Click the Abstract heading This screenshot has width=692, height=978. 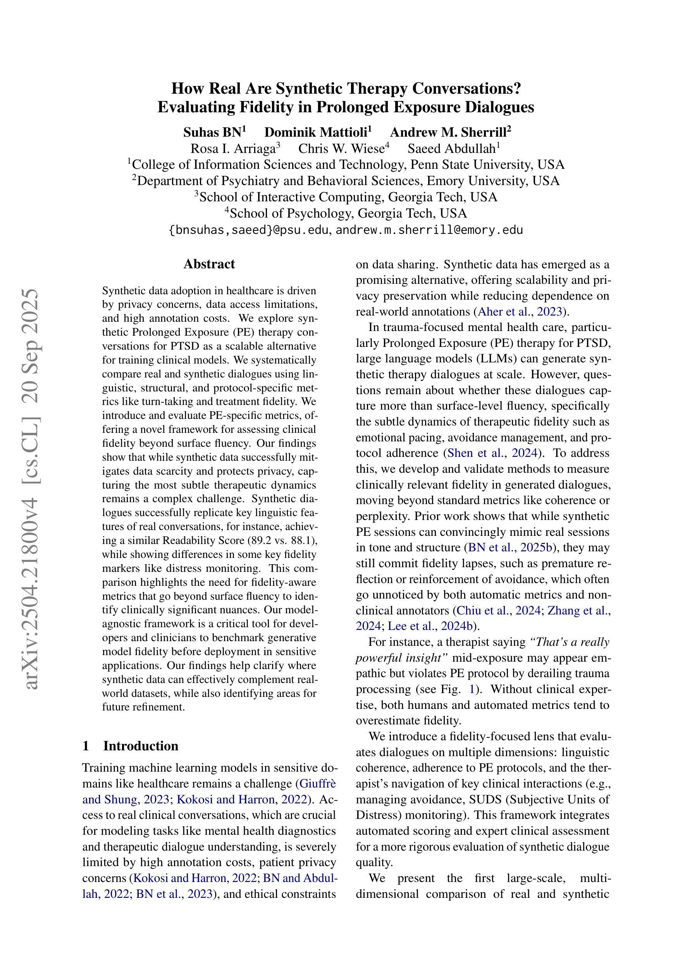click(x=209, y=264)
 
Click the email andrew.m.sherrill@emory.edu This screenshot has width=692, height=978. click(x=429, y=230)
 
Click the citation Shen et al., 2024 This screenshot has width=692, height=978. click(x=491, y=453)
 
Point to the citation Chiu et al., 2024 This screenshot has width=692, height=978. click(x=497, y=611)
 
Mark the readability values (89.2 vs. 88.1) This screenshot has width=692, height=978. click(x=282, y=541)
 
